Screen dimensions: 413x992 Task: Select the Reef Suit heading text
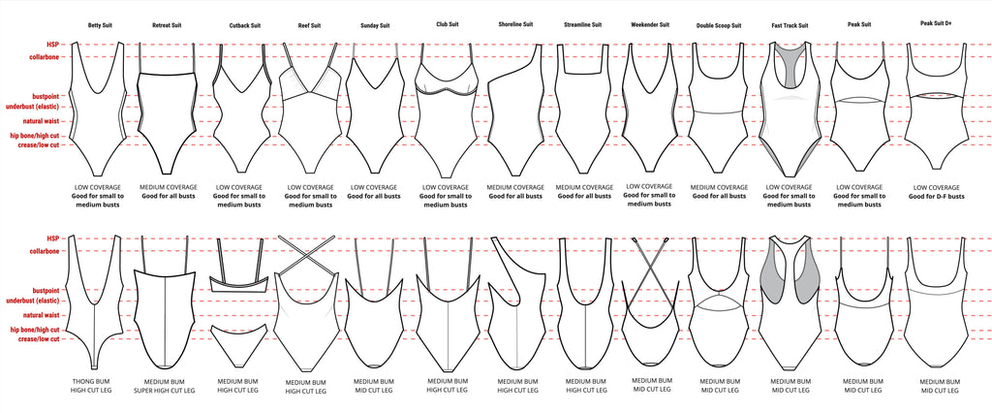point(309,24)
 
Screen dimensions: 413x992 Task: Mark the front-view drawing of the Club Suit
point(445,111)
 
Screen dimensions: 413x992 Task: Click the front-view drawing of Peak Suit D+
point(936,111)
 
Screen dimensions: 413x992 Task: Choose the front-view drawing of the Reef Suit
point(309,111)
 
